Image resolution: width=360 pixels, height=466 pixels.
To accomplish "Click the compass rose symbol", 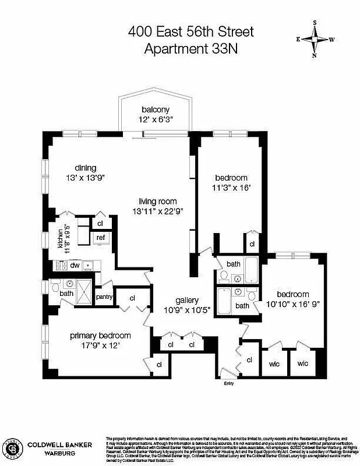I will [315, 40].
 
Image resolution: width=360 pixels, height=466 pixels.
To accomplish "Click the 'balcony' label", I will [156, 110].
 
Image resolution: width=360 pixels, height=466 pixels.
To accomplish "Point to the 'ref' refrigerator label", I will [101, 238].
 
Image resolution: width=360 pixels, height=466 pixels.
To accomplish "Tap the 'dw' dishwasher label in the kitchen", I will [75, 265].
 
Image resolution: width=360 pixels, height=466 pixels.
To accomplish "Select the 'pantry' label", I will [104, 296].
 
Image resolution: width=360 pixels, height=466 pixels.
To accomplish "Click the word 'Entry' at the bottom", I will [228, 383].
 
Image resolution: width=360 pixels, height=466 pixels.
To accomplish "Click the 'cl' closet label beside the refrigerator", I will [100, 223].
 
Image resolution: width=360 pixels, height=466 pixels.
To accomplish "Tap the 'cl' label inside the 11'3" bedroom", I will [252, 245].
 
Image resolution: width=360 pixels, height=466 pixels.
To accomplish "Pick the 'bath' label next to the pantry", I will [66, 293].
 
